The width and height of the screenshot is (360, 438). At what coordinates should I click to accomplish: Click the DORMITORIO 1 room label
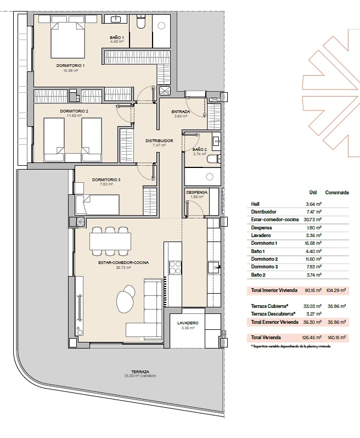pyautogui.click(x=70, y=66)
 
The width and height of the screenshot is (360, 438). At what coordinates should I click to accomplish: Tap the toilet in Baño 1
pyautogui.click(x=140, y=22)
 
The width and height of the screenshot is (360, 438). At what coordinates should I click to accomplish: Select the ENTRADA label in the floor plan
pyautogui.click(x=181, y=112)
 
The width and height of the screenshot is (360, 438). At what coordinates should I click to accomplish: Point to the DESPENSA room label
pyautogui.click(x=196, y=193)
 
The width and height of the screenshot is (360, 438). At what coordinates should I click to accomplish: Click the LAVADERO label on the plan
pyautogui.click(x=188, y=323)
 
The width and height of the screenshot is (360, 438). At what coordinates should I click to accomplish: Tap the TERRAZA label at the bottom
pyautogui.click(x=140, y=372)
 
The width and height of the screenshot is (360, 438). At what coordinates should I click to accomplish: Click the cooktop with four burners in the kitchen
pyautogui.click(x=176, y=268)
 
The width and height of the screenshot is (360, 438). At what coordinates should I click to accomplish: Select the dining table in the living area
pyautogui.click(x=110, y=242)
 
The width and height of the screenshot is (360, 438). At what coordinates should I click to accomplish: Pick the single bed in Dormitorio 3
pyautogui.click(x=98, y=205)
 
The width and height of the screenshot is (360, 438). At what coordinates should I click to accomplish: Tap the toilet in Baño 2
pyautogui.click(x=214, y=159)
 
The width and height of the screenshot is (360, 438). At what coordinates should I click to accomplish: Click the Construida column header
pyautogui.click(x=337, y=193)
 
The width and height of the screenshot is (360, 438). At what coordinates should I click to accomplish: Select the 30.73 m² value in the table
pyautogui.click(x=314, y=220)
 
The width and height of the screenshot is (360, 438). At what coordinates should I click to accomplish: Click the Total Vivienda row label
pyautogui.click(x=266, y=338)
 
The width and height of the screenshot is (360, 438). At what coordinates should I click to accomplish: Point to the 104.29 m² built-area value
pyautogui.click(x=336, y=290)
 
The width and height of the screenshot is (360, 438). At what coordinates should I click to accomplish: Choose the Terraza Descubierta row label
pyautogui.click(x=273, y=314)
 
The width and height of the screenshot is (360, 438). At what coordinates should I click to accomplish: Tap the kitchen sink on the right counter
pyautogui.click(x=214, y=267)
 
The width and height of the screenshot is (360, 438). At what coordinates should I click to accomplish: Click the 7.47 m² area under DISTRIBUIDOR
pyautogui.click(x=159, y=145)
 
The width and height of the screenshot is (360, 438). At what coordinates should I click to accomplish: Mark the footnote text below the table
pyautogui.click(x=290, y=346)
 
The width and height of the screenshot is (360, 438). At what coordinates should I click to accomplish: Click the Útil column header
pyautogui.click(x=313, y=193)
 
